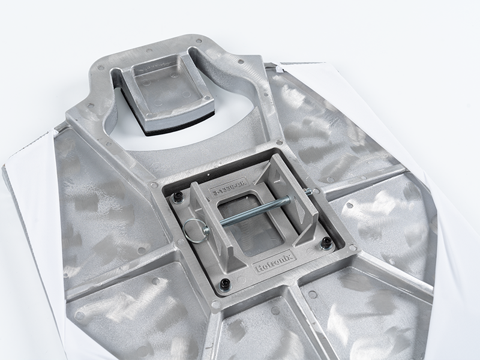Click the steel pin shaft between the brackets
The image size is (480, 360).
point(252,211)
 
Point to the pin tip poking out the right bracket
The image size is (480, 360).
point(308,192)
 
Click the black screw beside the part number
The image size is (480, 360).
point(178,197)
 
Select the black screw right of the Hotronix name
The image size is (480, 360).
point(326,242)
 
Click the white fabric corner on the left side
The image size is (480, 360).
point(27,180)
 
